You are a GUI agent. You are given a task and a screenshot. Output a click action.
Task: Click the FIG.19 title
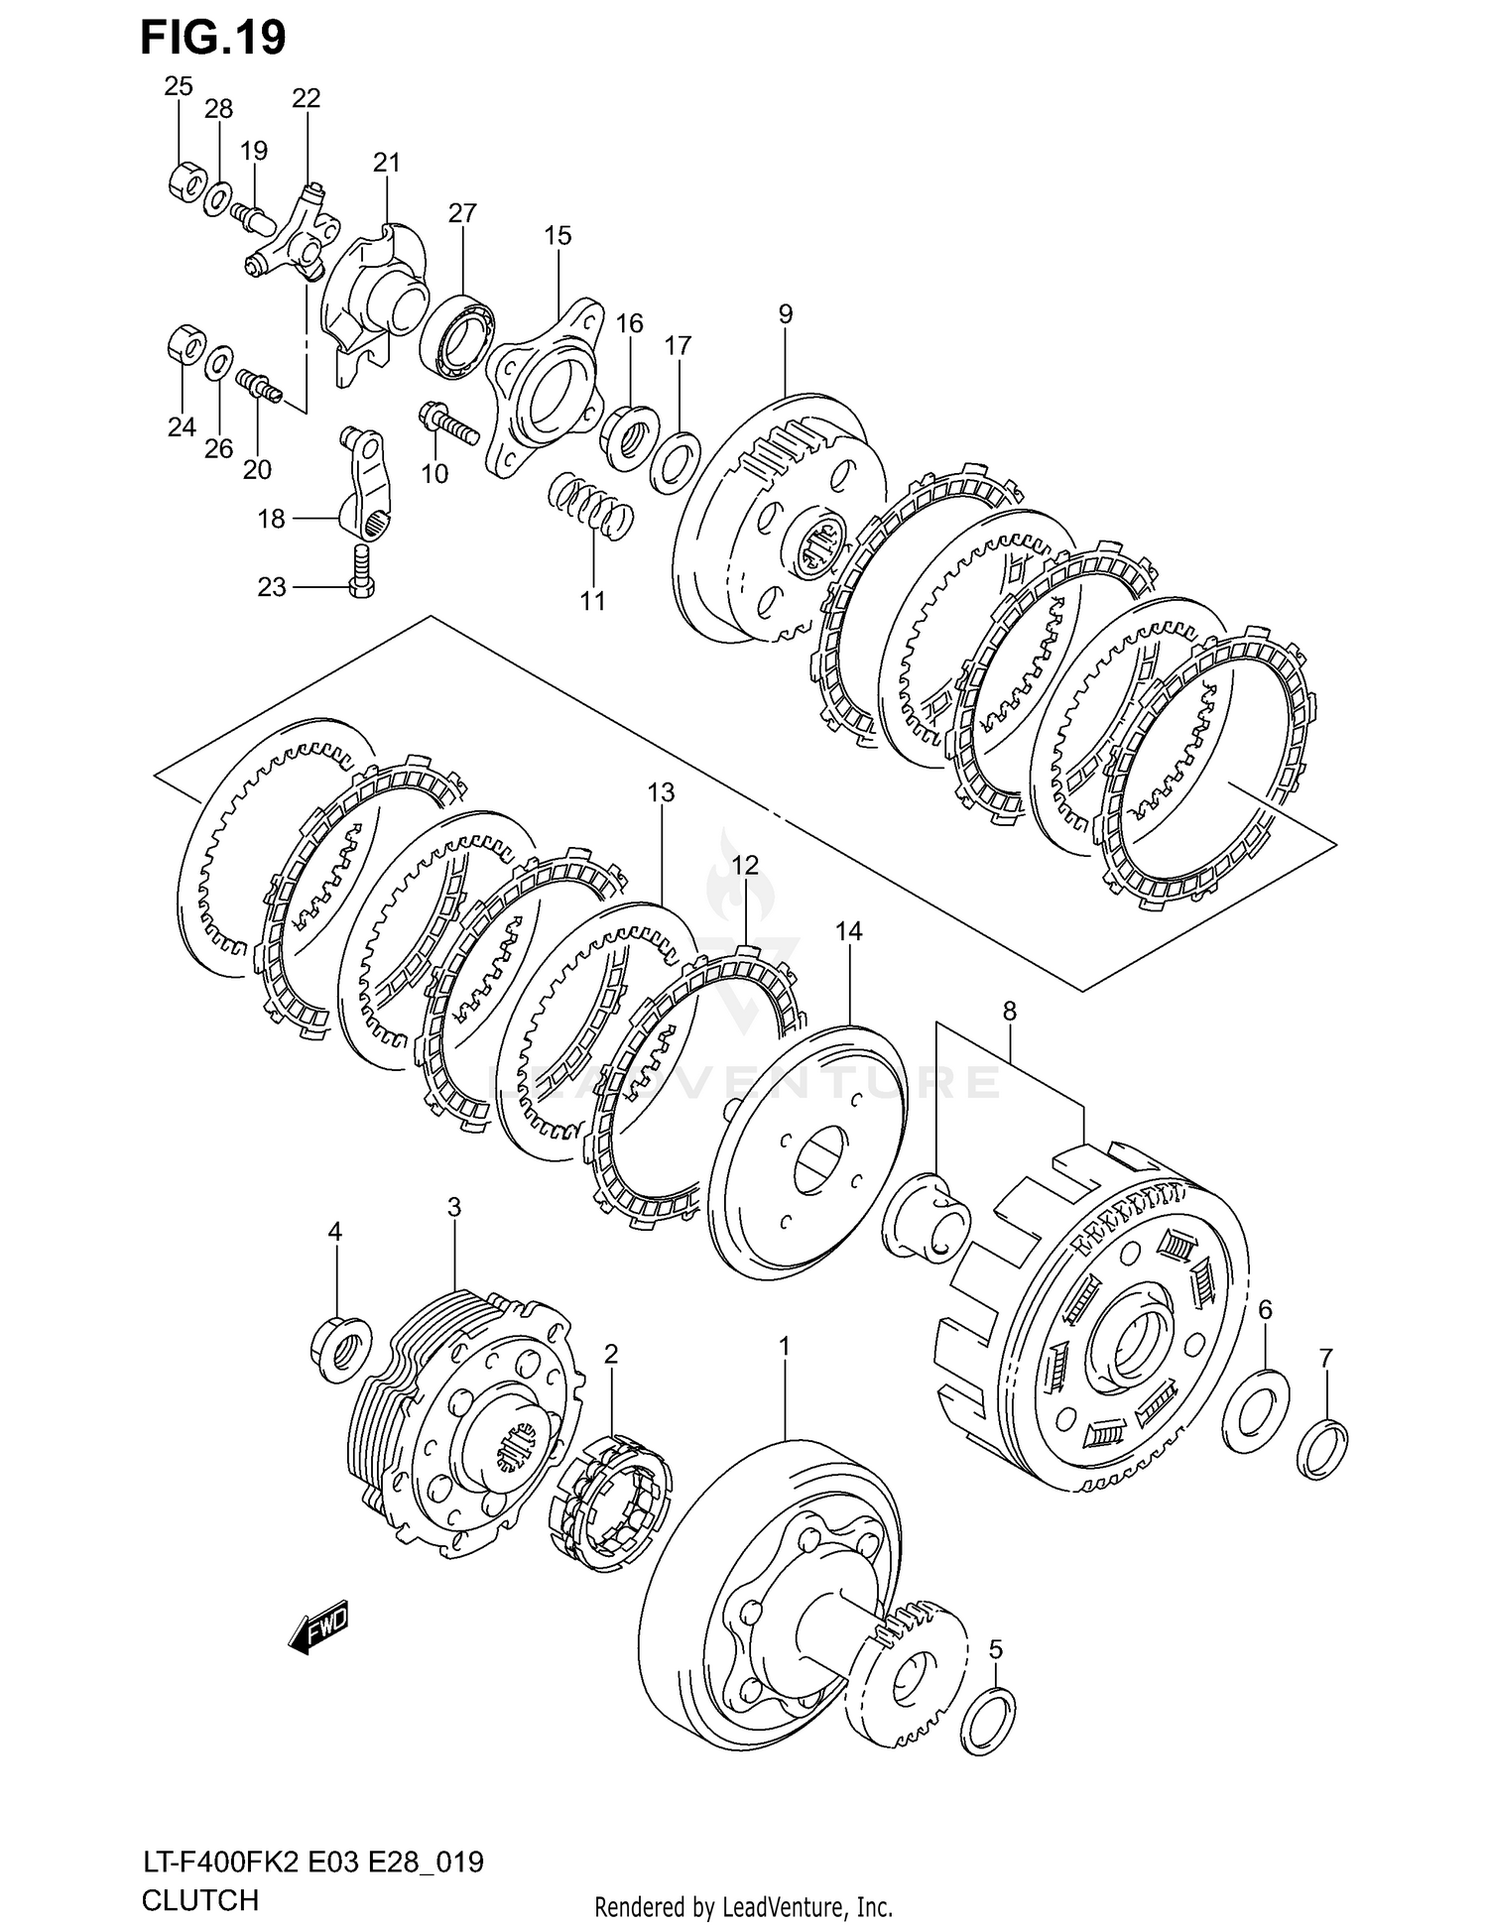213,37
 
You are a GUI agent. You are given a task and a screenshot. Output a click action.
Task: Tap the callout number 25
179,87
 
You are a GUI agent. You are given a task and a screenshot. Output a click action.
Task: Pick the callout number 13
661,792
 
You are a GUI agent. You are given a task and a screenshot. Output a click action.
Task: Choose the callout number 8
1009,1012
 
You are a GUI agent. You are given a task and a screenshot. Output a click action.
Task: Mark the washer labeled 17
676,462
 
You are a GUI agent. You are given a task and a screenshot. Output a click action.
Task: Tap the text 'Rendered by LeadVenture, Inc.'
743,1906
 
